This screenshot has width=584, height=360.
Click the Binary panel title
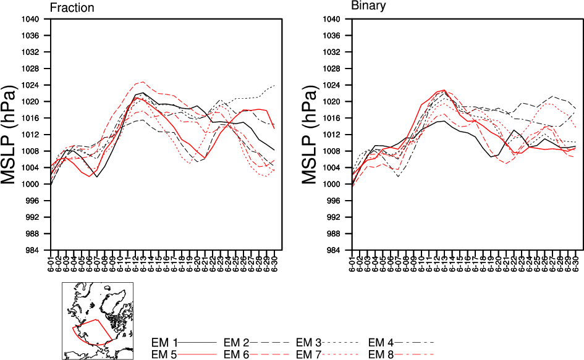point(369,6)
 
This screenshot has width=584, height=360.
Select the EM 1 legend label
point(165,342)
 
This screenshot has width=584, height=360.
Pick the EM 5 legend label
point(165,354)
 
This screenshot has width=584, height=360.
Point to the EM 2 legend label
point(237,342)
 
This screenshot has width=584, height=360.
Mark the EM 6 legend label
point(237,354)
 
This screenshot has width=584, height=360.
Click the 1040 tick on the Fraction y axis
point(32,19)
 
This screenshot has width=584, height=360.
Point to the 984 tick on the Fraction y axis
point(34,250)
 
